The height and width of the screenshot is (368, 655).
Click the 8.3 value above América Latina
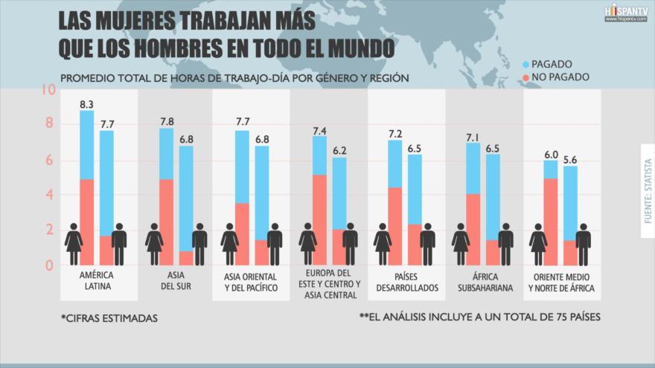[x=86, y=105]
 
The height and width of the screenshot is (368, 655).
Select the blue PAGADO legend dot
[x=526, y=64]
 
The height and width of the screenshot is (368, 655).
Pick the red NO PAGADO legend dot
[x=526, y=77]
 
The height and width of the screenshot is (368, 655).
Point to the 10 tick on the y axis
[x=49, y=90]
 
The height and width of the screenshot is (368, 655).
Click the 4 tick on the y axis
[x=51, y=195]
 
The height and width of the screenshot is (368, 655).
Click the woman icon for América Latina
[x=74, y=244]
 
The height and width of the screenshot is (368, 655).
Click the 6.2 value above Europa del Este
[x=339, y=150]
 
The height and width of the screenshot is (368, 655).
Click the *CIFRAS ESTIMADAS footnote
[x=109, y=317]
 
